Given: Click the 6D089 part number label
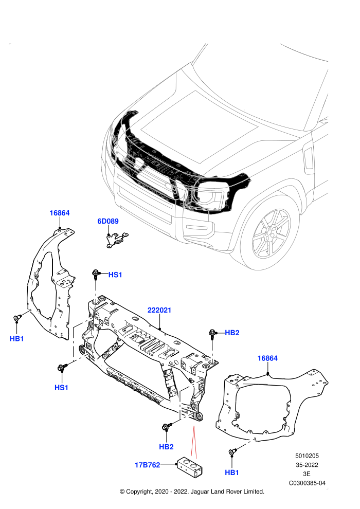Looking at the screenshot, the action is [108, 221].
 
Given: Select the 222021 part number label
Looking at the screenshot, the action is [159, 310].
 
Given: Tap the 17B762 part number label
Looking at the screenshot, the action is [148, 465].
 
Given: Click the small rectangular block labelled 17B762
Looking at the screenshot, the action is [190, 465].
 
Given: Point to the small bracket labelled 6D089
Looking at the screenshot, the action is [117, 239].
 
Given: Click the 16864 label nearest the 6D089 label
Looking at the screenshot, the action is [60, 213].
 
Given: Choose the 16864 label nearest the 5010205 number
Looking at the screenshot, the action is [267, 358].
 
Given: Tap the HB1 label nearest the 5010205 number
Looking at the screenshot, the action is [232, 472].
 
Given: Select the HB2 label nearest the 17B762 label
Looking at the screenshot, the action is [166, 447].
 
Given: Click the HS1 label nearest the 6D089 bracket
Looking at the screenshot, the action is [115, 275].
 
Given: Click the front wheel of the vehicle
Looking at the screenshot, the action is [271, 234].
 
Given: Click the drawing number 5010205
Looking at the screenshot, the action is [307, 456].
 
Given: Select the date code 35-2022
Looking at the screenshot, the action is [307, 465].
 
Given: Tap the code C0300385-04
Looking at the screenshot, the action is [307, 483].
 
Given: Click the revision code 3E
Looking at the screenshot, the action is [307, 474].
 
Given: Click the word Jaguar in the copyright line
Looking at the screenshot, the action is [200, 492].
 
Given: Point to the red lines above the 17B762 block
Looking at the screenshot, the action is [194, 441].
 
